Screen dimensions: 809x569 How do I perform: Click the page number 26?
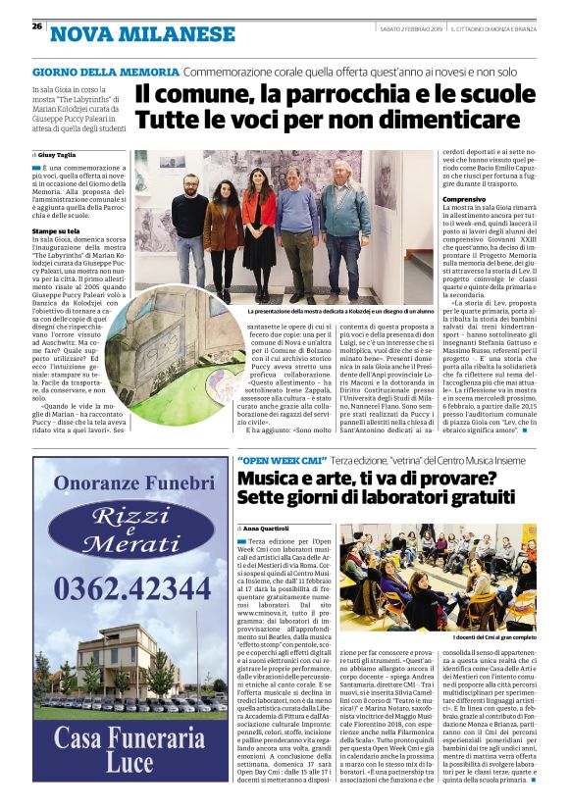coord(36,25)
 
